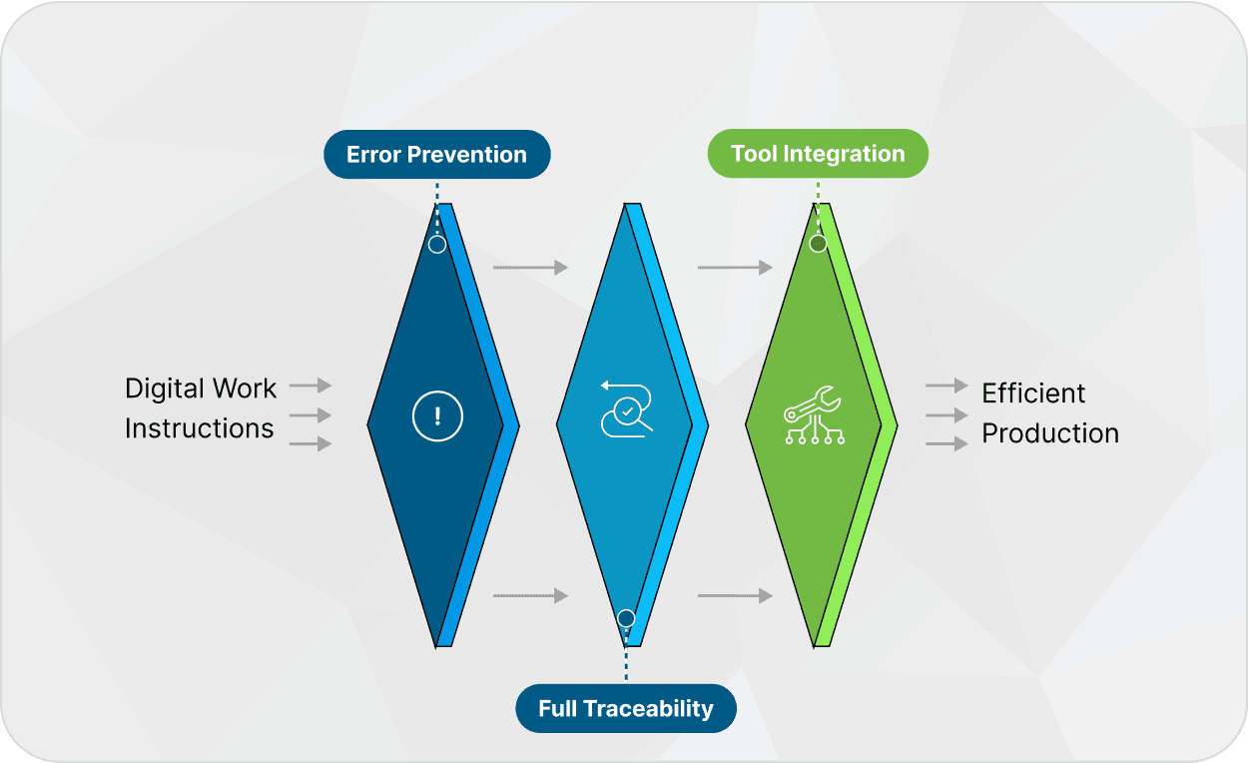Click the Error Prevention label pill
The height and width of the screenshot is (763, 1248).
click(x=436, y=155)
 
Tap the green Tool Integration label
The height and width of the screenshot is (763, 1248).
click(x=818, y=154)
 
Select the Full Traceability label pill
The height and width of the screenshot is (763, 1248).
click(x=626, y=709)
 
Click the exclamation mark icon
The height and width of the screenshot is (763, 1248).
click(x=437, y=416)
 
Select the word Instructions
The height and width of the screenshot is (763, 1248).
click(x=199, y=428)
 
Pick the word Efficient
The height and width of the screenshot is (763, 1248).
click(x=1033, y=393)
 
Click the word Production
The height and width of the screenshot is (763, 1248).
click(x=1050, y=433)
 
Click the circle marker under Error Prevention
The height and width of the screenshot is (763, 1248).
click(x=437, y=244)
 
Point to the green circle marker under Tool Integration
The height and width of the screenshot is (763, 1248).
click(x=818, y=243)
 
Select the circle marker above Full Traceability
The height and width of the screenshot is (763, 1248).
click(x=626, y=618)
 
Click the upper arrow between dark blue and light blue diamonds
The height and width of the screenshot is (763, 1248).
click(x=530, y=268)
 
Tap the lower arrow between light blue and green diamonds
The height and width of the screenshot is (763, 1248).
click(x=735, y=596)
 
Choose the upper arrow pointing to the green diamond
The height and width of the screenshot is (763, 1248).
click(x=735, y=268)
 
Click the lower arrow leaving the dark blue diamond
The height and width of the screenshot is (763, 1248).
click(x=530, y=596)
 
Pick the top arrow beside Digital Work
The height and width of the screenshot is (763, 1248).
click(x=311, y=385)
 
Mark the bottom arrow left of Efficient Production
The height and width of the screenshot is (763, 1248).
click(x=947, y=443)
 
